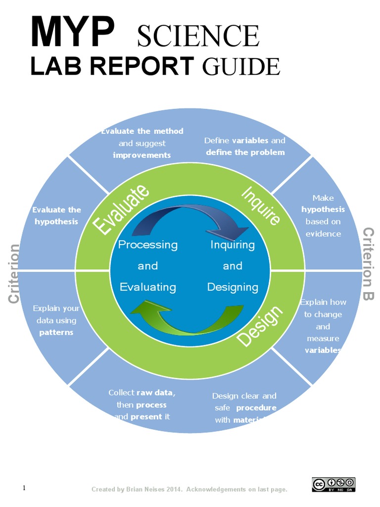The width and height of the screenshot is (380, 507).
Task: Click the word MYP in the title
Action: click(71, 33)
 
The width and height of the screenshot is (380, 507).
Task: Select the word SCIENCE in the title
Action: click(197, 36)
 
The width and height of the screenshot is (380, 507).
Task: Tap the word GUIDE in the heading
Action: click(240, 66)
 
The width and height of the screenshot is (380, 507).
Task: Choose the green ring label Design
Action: click(261, 326)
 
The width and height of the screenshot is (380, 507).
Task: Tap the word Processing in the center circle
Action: click(147, 245)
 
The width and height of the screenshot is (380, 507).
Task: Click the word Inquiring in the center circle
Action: click(233, 245)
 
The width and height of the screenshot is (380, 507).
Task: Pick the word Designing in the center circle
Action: click(233, 287)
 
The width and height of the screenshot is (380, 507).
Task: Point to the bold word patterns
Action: click(56, 332)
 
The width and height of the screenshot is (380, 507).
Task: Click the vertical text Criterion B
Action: click(369, 264)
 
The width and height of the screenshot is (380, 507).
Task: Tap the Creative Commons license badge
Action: click(333, 484)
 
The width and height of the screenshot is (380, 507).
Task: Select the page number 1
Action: click(24, 488)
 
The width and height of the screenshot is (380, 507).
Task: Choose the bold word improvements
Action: click(142, 155)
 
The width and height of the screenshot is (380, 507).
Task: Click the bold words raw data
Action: click(156, 393)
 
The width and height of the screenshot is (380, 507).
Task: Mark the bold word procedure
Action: click(256, 408)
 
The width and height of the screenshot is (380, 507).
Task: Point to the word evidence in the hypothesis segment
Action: click(323, 234)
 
